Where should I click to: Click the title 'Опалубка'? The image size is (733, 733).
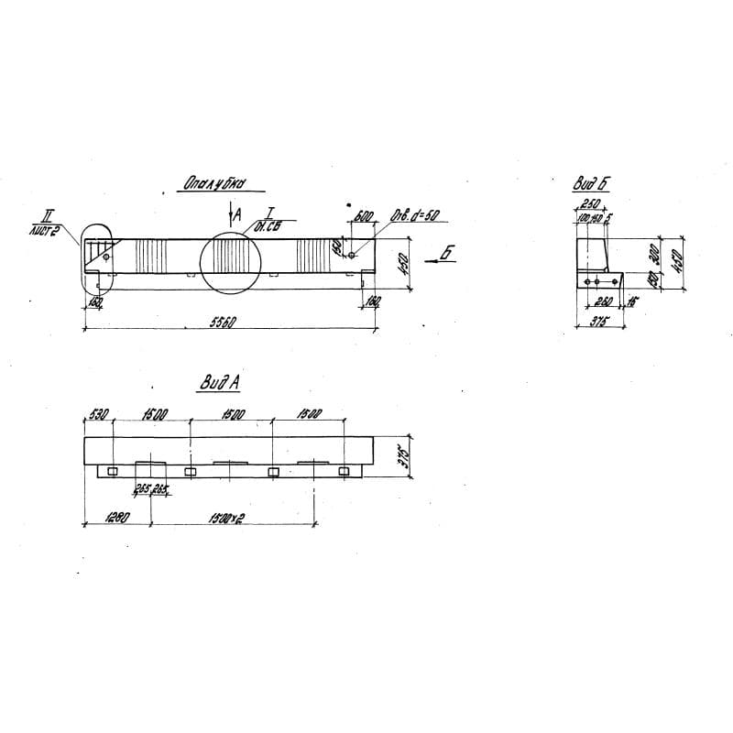point(212,184)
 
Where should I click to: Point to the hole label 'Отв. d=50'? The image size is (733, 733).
point(417,216)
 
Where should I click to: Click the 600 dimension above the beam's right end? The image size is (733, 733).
point(363,217)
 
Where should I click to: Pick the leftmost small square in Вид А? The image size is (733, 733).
point(111,471)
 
